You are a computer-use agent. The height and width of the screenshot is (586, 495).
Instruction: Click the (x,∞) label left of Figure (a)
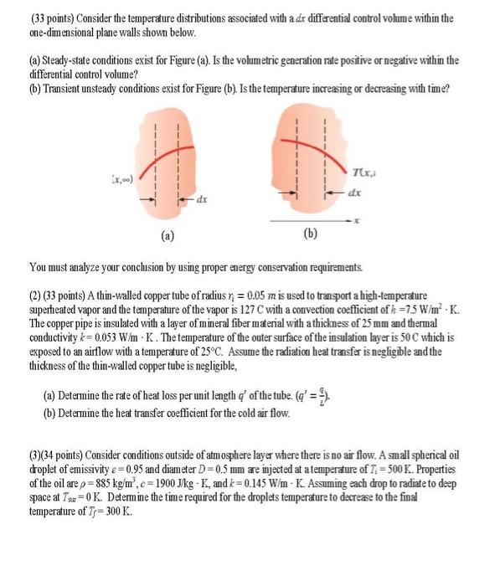(x=114, y=178)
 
